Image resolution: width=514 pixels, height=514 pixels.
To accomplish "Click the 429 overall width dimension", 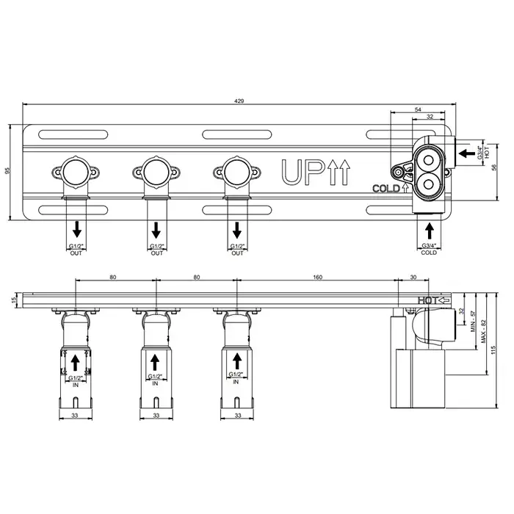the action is pyautogui.click(x=239, y=101).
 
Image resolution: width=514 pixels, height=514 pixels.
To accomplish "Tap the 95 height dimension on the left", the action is pyautogui.click(x=8, y=170).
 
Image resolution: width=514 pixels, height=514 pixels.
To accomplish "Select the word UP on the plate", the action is pyautogui.click(x=302, y=172).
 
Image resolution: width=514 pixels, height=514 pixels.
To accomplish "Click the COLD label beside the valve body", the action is pyautogui.click(x=386, y=189).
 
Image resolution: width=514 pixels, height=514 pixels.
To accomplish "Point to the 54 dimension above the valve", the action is pyautogui.click(x=418, y=109).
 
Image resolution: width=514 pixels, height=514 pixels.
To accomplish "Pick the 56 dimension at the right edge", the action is pyautogui.click(x=494, y=167).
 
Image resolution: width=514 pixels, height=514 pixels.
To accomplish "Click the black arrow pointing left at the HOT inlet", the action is pyautogui.click(x=467, y=153).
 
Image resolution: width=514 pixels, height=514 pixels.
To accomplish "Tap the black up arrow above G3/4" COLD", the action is pyautogui.click(x=429, y=231).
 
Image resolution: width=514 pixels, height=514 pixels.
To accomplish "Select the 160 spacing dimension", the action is pyautogui.click(x=317, y=278).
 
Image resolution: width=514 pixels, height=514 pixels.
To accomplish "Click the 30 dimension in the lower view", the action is pyautogui.click(x=413, y=278).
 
